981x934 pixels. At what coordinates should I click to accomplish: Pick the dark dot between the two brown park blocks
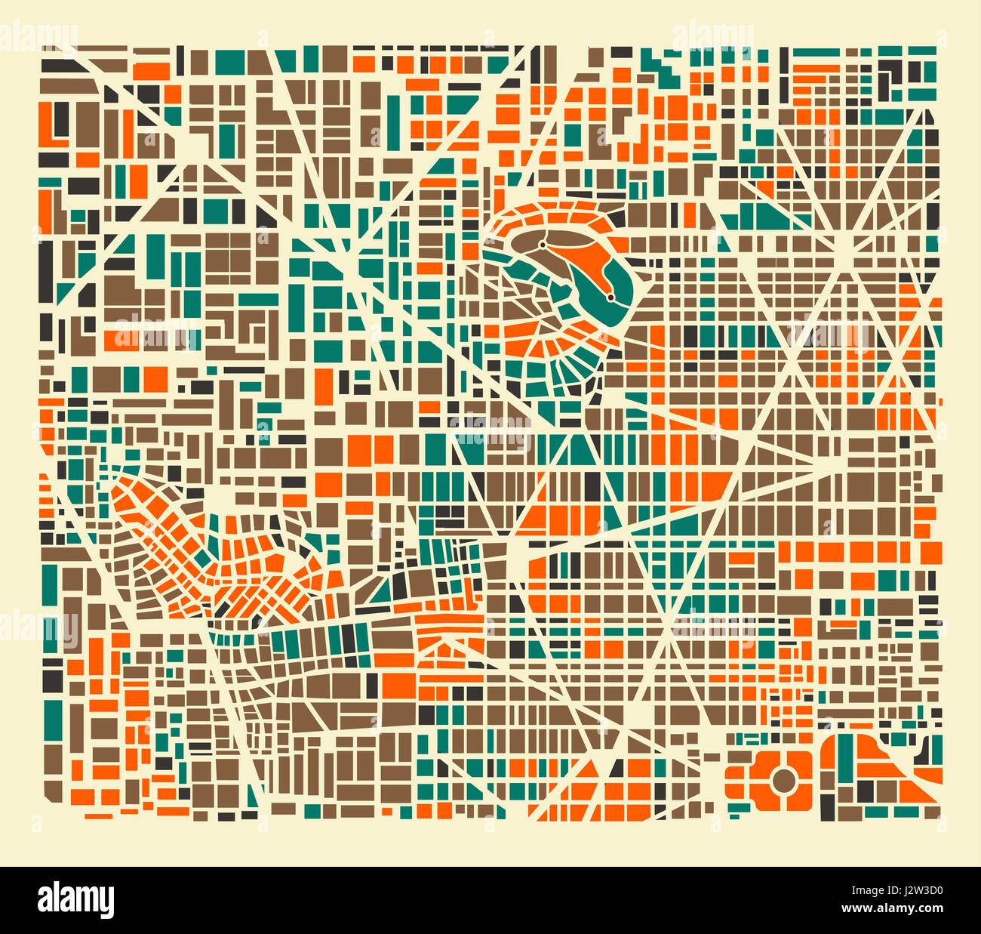click(x=543, y=245)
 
